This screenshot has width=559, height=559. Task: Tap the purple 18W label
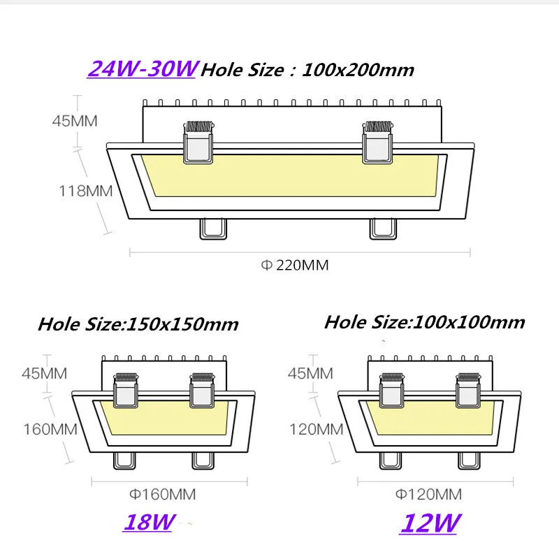pos(150,522)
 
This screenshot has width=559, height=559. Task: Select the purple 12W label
pos(430,523)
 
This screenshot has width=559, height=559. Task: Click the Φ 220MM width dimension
pos(295,266)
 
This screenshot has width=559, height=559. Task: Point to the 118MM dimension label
pos(85,191)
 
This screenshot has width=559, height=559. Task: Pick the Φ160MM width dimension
pos(163,494)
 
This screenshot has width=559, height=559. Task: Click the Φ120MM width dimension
pos(428,494)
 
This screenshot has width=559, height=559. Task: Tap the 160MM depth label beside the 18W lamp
pos(50,429)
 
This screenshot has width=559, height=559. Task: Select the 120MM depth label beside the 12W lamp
pos(317,429)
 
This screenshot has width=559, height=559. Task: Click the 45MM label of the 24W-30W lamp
pos(75,121)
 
